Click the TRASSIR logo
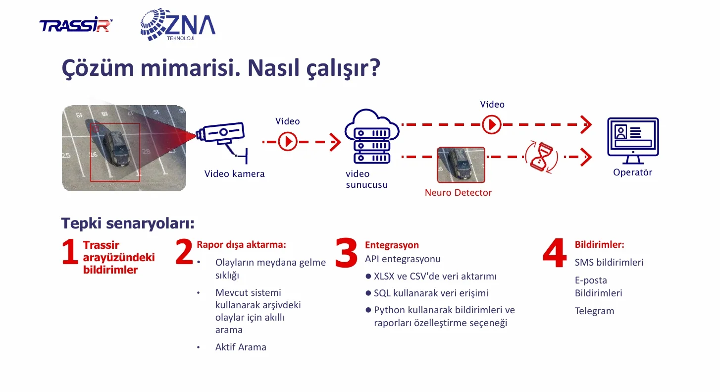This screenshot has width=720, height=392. click(x=76, y=25)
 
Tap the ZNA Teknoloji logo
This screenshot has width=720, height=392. click(x=178, y=25)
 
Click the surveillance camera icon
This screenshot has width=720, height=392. click(x=222, y=140)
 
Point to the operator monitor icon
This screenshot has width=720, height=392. click(x=633, y=141)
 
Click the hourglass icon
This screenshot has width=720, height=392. click(x=542, y=157)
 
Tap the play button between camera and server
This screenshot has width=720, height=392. click(x=287, y=142)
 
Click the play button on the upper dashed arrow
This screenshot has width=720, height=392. click(x=491, y=124)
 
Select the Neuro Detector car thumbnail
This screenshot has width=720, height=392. click(x=461, y=165)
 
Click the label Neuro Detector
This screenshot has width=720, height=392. click(x=458, y=193)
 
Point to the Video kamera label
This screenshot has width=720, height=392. click(x=234, y=173)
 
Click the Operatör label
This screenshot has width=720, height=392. click(x=632, y=172)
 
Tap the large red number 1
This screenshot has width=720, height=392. click(x=70, y=252)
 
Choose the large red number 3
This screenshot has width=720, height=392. click(x=346, y=253)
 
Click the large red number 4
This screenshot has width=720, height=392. click(x=555, y=253)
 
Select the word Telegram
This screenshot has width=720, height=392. click(x=594, y=311)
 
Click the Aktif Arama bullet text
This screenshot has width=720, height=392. click(x=241, y=347)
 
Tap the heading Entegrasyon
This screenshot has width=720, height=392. click(x=392, y=245)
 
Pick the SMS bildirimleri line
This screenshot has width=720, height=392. click(x=609, y=262)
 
